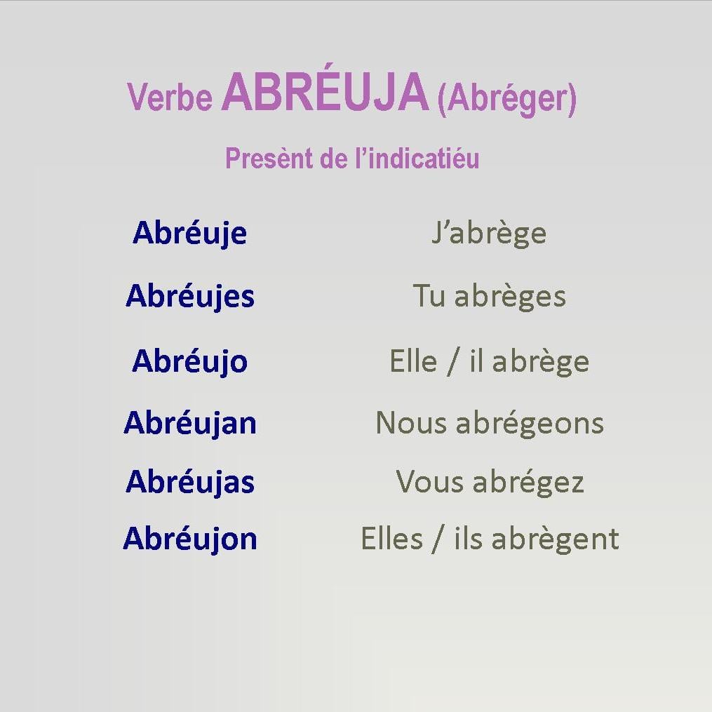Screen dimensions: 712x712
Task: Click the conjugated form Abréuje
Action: click(x=190, y=234)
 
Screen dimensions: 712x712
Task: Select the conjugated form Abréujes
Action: click(x=190, y=296)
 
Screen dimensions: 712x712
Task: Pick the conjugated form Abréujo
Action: click(x=190, y=362)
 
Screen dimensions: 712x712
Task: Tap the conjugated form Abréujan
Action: click(x=190, y=423)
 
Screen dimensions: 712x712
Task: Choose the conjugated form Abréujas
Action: click(x=190, y=482)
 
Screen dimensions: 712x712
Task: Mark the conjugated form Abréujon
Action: click(x=190, y=539)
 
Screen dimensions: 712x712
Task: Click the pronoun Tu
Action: click(x=429, y=295)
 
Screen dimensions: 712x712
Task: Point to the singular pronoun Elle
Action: click(x=413, y=361)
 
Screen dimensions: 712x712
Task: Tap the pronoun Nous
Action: click(x=411, y=423)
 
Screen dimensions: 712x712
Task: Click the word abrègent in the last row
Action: click(x=556, y=540)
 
